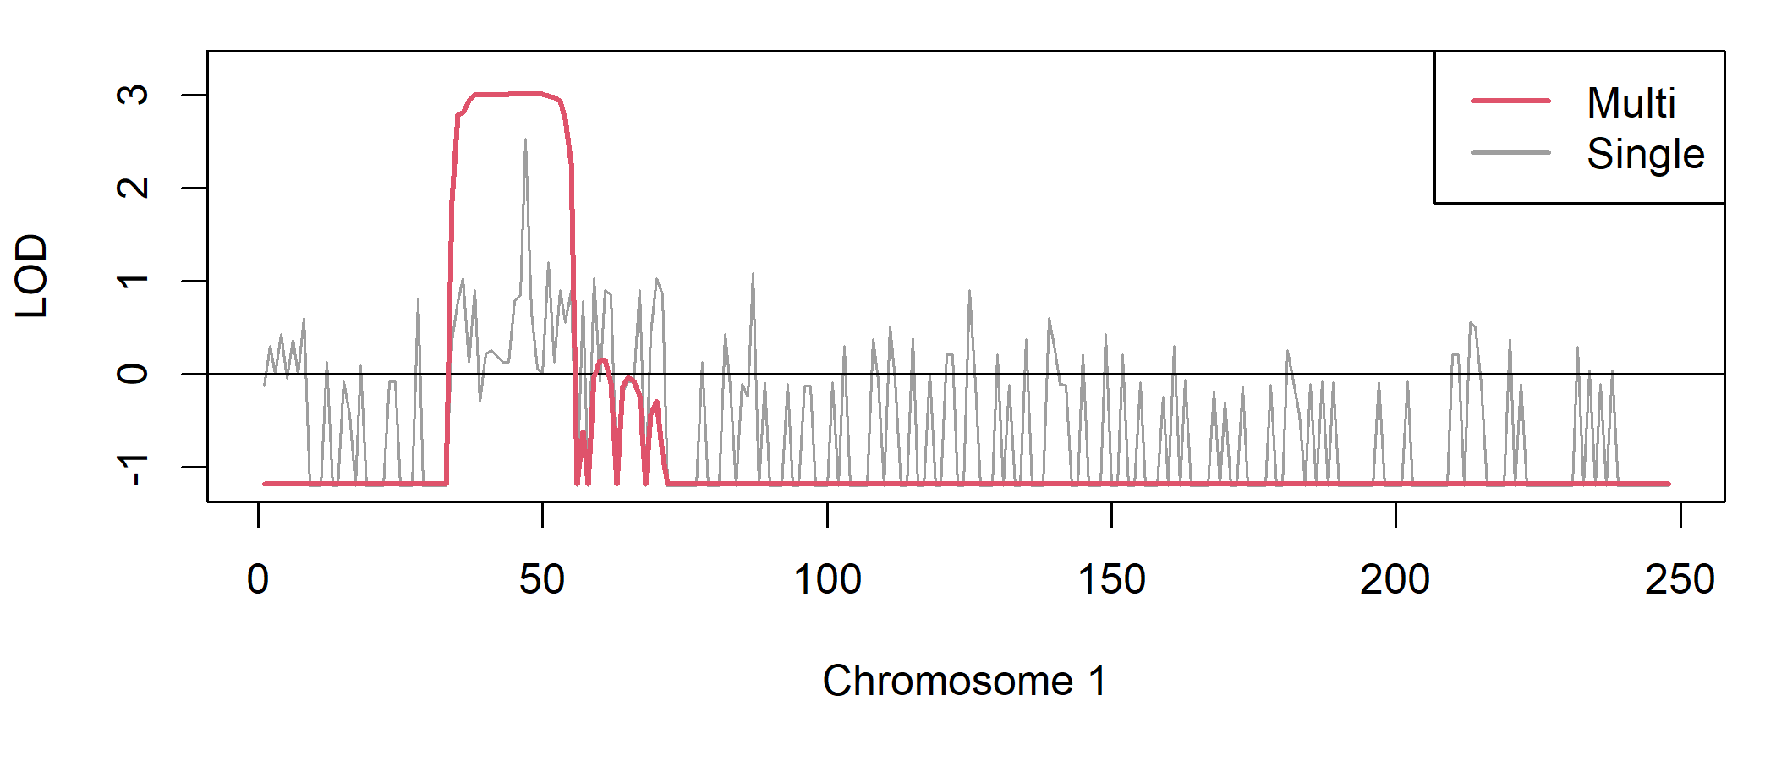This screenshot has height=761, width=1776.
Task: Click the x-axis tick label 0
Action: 258,580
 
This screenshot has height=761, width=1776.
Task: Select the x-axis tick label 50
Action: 542,580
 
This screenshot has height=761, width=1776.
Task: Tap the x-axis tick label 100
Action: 827,580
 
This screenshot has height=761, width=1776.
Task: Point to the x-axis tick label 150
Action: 1111,580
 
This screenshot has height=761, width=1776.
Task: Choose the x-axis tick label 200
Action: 1395,580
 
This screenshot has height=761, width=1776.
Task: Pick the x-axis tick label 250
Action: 1680,580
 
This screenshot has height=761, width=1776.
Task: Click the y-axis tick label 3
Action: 133,95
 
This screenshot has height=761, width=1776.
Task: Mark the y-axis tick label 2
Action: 133,188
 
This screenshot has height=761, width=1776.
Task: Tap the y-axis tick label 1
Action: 133,281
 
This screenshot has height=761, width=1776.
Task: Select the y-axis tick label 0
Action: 133,374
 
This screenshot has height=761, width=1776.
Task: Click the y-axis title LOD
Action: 32,276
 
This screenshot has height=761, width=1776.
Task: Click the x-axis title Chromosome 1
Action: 964,681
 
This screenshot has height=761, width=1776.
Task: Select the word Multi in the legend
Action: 1631,103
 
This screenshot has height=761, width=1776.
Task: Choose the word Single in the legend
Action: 1645,154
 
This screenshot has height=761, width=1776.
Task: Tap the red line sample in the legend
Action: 1510,101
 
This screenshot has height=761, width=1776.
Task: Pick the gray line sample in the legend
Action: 1510,153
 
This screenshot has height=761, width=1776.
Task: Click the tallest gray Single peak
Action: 525,142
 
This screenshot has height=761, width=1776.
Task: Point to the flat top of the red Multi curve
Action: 507,94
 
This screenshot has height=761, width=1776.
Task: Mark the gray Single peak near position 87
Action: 753,276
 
